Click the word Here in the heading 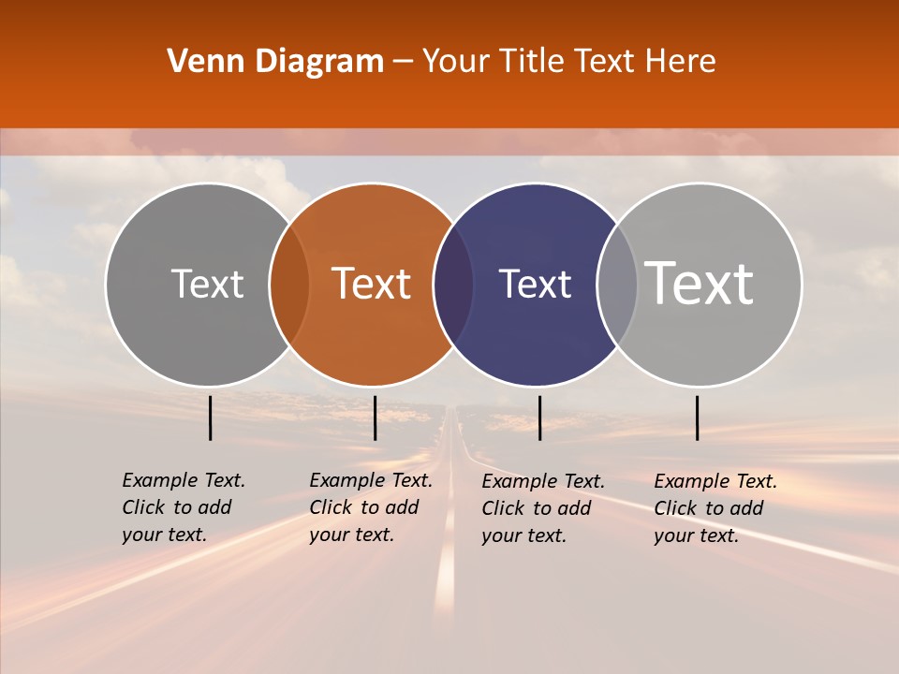(x=681, y=62)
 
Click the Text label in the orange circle (x=372, y=284)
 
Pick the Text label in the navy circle (x=535, y=284)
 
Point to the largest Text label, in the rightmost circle (x=700, y=284)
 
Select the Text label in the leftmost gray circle (x=207, y=284)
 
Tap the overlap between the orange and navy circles (x=453, y=284)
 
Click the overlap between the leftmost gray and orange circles (x=289, y=284)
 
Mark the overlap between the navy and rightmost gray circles (x=617, y=284)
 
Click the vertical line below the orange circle (x=375, y=418)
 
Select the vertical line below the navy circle (x=539, y=418)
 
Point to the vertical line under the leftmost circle (x=211, y=418)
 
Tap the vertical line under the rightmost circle (x=698, y=418)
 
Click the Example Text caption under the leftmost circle (x=184, y=507)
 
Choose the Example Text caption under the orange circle (x=371, y=507)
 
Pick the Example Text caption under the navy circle (x=543, y=508)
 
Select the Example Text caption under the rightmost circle (x=715, y=508)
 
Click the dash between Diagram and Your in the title (x=403, y=62)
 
